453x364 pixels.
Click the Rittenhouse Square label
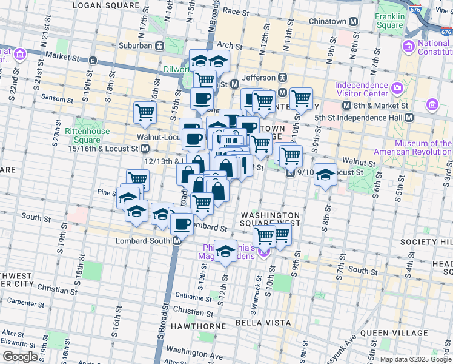(87, 135)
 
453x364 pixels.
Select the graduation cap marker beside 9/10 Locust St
(326, 175)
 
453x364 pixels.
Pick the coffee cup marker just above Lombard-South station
(182, 223)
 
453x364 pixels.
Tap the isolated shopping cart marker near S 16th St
(145, 112)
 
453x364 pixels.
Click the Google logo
(20, 357)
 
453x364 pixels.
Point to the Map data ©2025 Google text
(415, 359)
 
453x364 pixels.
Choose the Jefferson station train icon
(282, 78)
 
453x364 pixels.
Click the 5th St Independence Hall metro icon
(409, 117)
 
